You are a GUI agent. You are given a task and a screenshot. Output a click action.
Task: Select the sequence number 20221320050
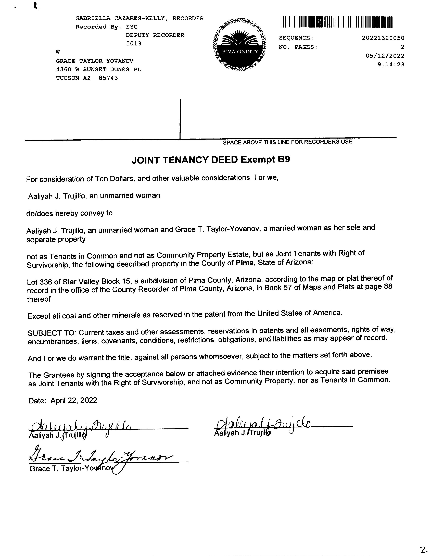pos(383,38)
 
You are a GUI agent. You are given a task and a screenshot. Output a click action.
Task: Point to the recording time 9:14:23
pos(391,64)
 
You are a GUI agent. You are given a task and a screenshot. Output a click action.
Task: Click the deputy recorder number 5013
pos(134,44)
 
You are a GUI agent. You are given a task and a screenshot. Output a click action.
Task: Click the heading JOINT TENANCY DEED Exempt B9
pos(211,160)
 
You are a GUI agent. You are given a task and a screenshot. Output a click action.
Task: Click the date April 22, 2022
pos(74,400)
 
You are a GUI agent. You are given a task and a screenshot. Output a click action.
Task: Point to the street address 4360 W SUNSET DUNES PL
pos(98,69)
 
